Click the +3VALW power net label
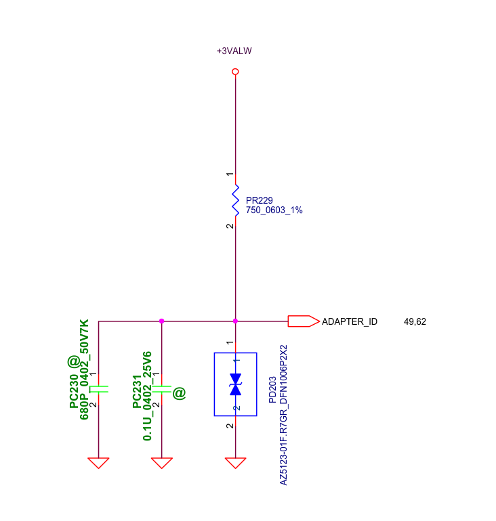click(234, 51)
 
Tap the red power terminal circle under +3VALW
click(235, 72)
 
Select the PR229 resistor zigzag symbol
click(235, 200)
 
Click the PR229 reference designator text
click(259, 200)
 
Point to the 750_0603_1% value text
click(274, 210)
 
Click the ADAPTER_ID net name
click(350, 321)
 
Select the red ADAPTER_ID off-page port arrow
click(304, 321)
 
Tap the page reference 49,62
click(415, 321)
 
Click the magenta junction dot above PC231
click(162, 321)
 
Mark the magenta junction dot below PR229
click(235, 321)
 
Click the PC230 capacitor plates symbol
click(99, 389)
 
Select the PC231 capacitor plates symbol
click(162, 389)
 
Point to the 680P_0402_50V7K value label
click(84, 369)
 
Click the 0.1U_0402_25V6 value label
click(147, 396)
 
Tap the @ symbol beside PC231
click(179, 393)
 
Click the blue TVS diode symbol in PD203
click(236, 384)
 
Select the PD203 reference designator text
click(272, 390)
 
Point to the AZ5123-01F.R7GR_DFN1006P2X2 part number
click(283, 415)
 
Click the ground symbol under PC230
click(98, 463)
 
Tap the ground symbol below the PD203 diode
click(236, 463)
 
